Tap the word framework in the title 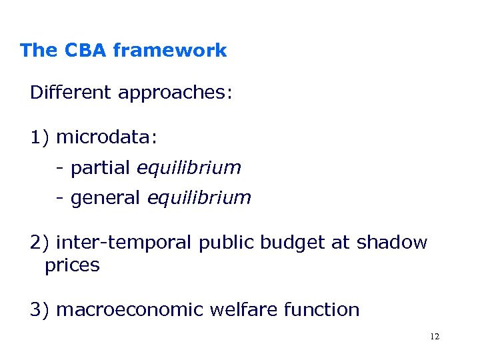coord(170,50)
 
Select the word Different coord(71,92)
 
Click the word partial coord(100,168)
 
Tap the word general coord(105,198)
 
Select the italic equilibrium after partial coord(189,168)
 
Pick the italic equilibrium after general coord(199,198)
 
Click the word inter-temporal coord(125,243)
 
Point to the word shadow coord(391,243)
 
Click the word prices coord(72,265)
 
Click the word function coord(323,309)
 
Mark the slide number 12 coord(435,337)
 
